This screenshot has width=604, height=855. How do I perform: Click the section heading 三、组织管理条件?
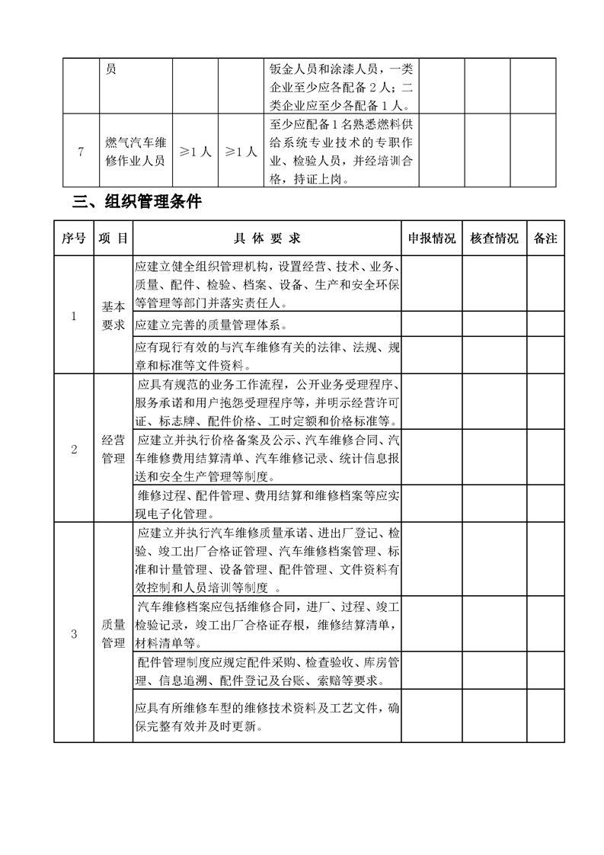pyautogui.click(x=137, y=203)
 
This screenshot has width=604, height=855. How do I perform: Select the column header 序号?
pyautogui.click(x=73, y=239)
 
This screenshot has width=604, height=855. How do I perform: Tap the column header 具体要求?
pyautogui.click(x=267, y=239)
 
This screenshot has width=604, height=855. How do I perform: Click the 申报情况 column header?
pyautogui.click(x=432, y=239)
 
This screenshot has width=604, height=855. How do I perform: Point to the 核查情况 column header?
pyautogui.click(x=494, y=239)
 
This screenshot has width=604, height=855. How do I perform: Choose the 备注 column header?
pyautogui.click(x=545, y=239)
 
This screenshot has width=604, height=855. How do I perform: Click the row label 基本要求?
pyautogui.click(x=113, y=315)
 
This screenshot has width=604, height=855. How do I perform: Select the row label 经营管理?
pyautogui.click(x=113, y=449)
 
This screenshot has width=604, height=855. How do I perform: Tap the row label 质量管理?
pyautogui.click(x=113, y=633)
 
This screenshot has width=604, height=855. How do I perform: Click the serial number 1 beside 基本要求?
pyautogui.click(x=74, y=315)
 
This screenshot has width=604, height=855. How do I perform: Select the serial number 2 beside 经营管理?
pyautogui.click(x=74, y=449)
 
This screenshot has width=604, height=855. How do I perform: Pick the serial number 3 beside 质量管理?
pyautogui.click(x=74, y=633)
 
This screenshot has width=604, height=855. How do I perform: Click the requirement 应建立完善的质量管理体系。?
pyautogui.click(x=209, y=325)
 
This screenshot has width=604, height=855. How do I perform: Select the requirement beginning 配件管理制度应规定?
pyautogui.click(x=267, y=670)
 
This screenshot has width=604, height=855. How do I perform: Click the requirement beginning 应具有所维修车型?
pyautogui.click(x=267, y=716)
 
